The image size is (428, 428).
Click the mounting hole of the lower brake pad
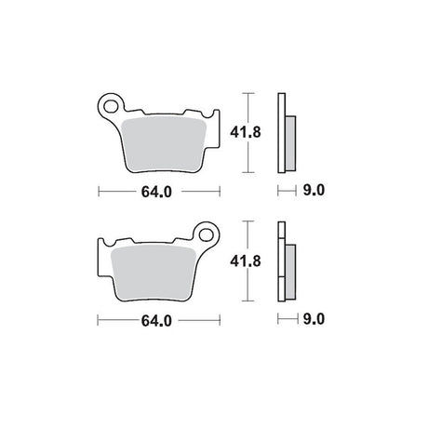pyautogui.click(x=206, y=235)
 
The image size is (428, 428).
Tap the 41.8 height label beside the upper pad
pyautogui.click(x=246, y=132)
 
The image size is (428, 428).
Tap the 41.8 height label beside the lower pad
pyautogui.click(x=246, y=261)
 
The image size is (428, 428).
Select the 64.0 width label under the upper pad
pyautogui.click(x=156, y=192)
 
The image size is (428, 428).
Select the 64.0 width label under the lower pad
pyautogui.click(x=156, y=321)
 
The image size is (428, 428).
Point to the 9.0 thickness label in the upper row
pyautogui.click(x=314, y=190)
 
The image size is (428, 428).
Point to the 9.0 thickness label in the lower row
pyautogui.click(x=314, y=319)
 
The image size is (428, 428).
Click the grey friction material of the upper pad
pyautogui.click(x=165, y=144)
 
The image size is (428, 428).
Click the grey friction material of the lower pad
pyautogui.click(x=153, y=273)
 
